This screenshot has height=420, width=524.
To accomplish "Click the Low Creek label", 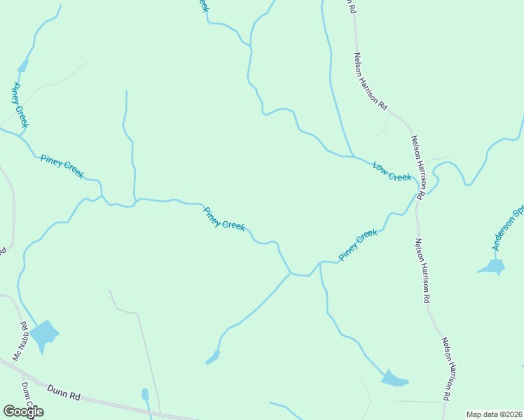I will tap(392, 172).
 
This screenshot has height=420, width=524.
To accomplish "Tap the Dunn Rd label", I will tap(64, 392).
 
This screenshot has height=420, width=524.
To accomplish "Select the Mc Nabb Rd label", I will tap(20, 335).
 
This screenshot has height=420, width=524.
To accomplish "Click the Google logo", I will tap(24, 412).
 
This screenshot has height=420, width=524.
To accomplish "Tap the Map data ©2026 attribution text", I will tap(495, 414).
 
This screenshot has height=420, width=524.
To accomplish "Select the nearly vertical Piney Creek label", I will tap(20, 105).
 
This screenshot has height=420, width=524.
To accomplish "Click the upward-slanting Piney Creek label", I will tap(358, 245).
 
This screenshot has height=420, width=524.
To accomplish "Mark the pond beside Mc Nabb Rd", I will tap(45, 335).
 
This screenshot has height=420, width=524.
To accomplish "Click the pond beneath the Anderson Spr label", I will tap(492, 267).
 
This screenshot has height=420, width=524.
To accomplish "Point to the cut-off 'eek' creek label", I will tap(203, 5).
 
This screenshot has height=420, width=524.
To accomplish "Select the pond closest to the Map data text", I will tap(394, 379).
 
